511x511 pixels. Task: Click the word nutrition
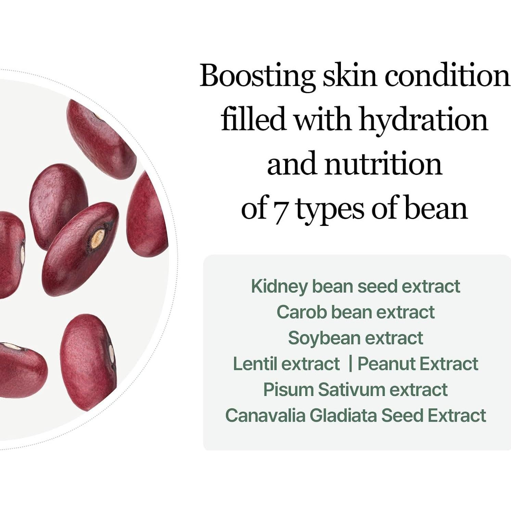coord(383,164)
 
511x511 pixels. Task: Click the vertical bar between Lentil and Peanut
coord(350,364)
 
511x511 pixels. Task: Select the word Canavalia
coord(265,415)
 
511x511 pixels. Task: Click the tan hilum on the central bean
coord(98,237)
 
